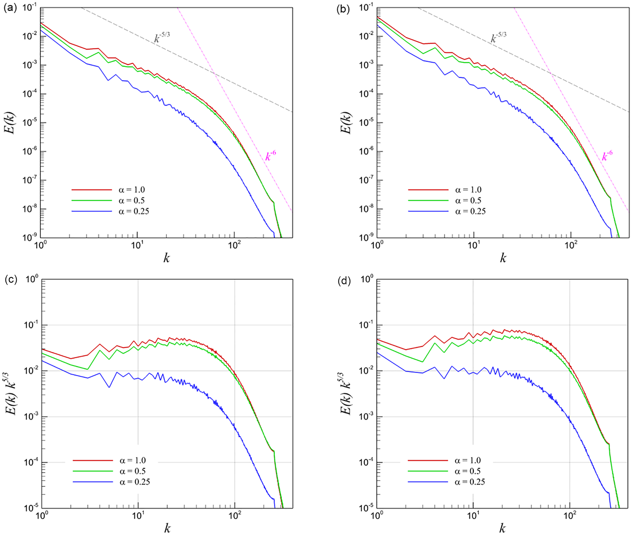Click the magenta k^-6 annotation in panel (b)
[607, 156]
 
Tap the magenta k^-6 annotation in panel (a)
[271, 156]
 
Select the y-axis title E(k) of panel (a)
[10, 122]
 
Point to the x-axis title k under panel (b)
[503, 258]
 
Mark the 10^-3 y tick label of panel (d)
[366, 416]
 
